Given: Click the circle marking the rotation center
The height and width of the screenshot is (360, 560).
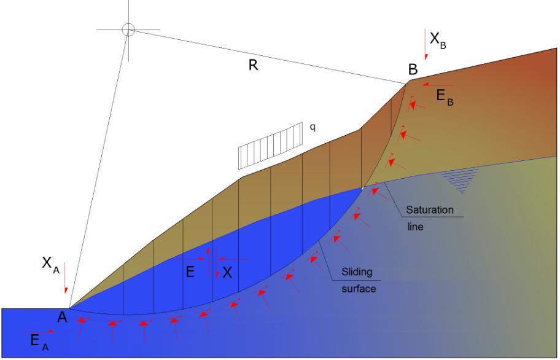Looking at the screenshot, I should click(x=128, y=29).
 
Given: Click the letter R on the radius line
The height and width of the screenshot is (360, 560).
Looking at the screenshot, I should click(x=252, y=66).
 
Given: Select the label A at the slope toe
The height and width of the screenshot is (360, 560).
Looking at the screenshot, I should click(x=62, y=317).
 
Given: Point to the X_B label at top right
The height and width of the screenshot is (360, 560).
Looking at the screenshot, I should click(x=437, y=39).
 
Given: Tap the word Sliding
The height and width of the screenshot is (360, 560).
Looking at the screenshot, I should click(x=357, y=271).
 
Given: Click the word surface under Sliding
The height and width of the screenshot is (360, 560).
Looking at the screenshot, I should click(x=358, y=288).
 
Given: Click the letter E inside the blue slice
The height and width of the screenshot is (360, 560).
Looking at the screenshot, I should click(x=190, y=272).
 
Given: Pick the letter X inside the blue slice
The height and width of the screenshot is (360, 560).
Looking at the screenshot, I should click(x=228, y=273).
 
